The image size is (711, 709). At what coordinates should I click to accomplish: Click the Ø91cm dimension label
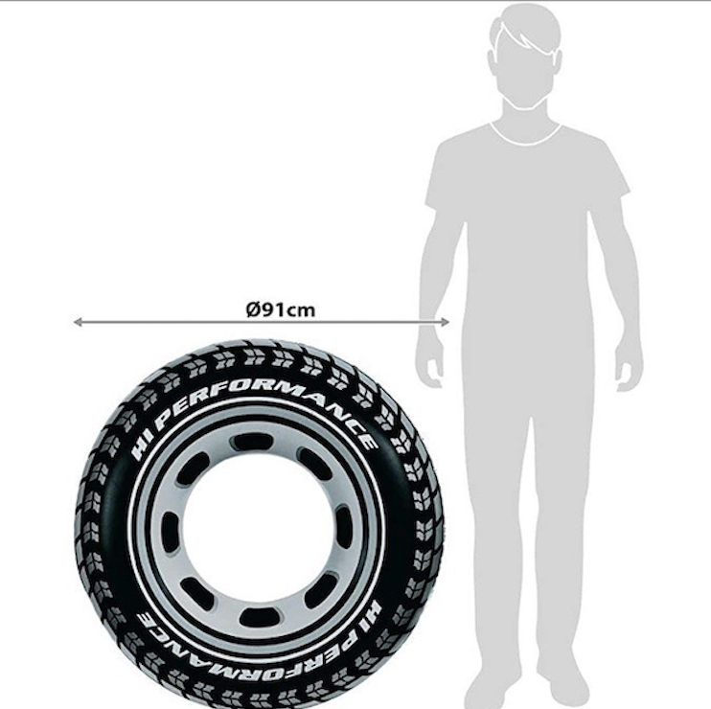pyautogui.click(x=280, y=309)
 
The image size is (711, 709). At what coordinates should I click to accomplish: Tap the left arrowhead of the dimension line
pyautogui.click(x=78, y=322)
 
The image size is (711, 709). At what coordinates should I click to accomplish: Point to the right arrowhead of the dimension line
pyautogui.click(x=445, y=322)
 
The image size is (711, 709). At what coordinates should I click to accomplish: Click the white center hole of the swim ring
pyautogui.click(x=255, y=531)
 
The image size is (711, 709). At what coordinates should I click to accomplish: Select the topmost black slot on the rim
pyautogui.click(x=251, y=441)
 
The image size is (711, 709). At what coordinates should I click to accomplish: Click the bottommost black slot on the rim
pyautogui.click(x=260, y=618)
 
